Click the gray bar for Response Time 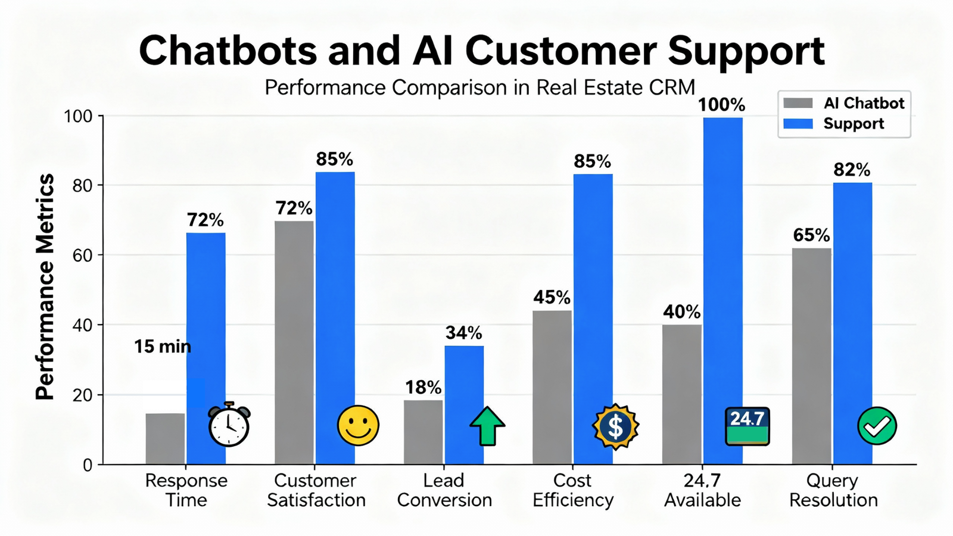click(x=165, y=439)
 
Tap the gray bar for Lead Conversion click(x=423, y=432)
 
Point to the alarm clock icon click(x=229, y=425)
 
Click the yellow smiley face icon click(x=358, y=426)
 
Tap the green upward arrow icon click(x=487, y=426)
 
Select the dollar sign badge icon click(x=616, y=426)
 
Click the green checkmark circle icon click(x=877, y=426)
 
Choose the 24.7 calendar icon click(x=748, y=426)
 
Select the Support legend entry click(x=834, y=124)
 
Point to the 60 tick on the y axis click(x=83, y=255)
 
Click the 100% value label click(x=721, y=105)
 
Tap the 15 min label click(x=162, y=347)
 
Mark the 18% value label click(x=423, y=388)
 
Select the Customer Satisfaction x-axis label click(x=316, y=490)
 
